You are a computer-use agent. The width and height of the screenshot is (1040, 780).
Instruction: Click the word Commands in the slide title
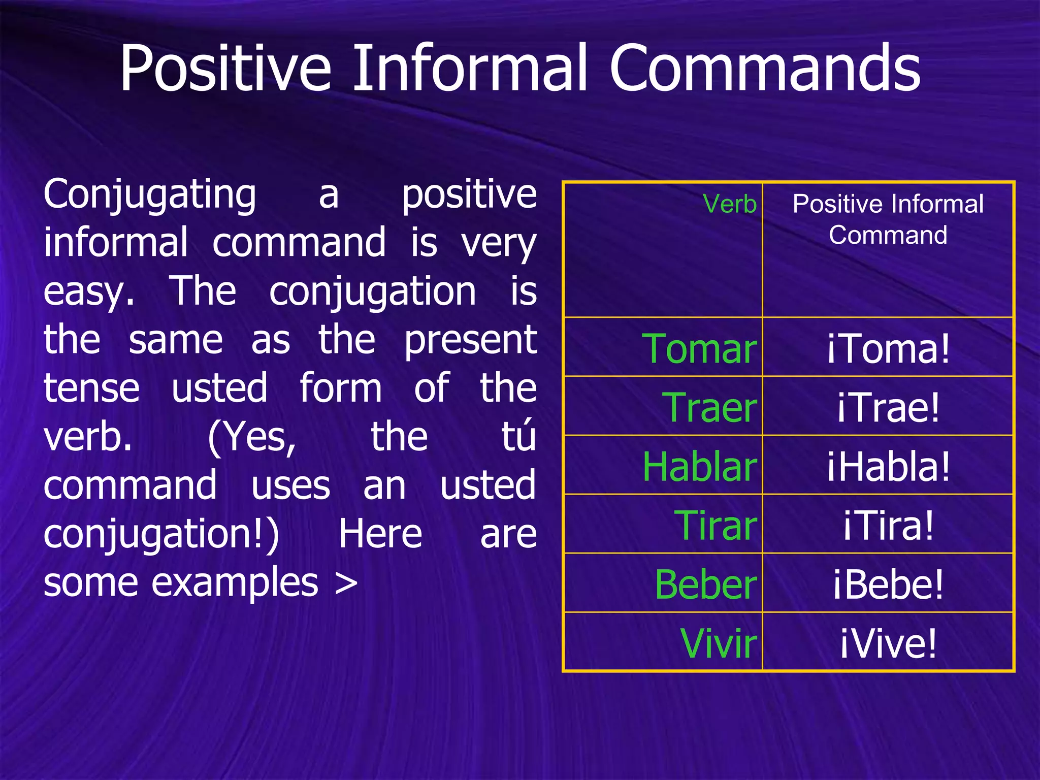click(x=764, y=69)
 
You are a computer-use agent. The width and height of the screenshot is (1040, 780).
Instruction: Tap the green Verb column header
click(x=730, y=204)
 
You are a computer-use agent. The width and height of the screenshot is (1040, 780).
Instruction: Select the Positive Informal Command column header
click(x=888, y=219)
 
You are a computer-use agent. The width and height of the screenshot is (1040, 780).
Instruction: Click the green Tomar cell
click(x=699, y=349)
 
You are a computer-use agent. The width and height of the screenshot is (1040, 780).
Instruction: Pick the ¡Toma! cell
click(x=888, y=349)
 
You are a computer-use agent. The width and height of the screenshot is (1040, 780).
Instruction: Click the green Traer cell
click(x=709, y=407)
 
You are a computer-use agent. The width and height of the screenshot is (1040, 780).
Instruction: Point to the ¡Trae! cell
click(x=888, y=407)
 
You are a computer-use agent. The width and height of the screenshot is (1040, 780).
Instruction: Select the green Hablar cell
click(x=699, y=467)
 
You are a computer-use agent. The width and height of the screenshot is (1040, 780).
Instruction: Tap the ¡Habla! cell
click(x=888, y=467)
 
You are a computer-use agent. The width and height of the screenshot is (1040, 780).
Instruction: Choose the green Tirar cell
click(x=715, y=525)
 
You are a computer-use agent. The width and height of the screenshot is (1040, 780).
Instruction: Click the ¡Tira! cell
click(x=888, y=525)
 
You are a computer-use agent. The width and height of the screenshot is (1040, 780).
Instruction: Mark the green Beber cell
click(x=705, y=584)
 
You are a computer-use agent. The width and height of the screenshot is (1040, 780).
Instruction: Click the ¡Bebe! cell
click(x=888, y=584)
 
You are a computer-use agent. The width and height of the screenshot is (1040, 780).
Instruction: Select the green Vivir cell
click(x=718, y=643)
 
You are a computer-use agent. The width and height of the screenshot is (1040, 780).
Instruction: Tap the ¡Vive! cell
click(x=888, y=643)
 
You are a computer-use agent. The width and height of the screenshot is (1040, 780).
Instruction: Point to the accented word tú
click(x=518, y=437)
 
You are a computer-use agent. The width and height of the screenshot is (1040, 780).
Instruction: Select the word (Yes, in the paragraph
click(x=252, y=438)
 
